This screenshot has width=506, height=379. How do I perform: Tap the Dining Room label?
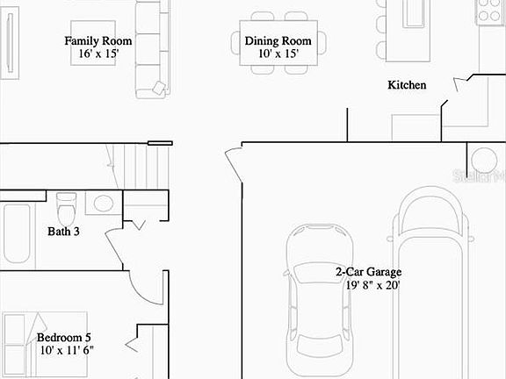pos(278,40)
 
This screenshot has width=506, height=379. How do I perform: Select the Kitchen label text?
pos(407,85)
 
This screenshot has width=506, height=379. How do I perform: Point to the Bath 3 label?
pos(63,232)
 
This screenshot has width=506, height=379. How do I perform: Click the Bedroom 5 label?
pos(63,337)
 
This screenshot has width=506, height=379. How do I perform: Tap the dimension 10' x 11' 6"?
pos(67,350)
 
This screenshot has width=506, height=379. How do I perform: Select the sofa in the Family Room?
pos(150,48)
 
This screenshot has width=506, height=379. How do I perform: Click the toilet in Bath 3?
pos(66,209)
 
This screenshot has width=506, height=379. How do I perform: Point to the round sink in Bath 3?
pos(103,204)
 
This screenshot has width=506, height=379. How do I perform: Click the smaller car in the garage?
pos(318,298)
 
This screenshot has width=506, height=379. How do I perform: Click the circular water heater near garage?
pos(483,160)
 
